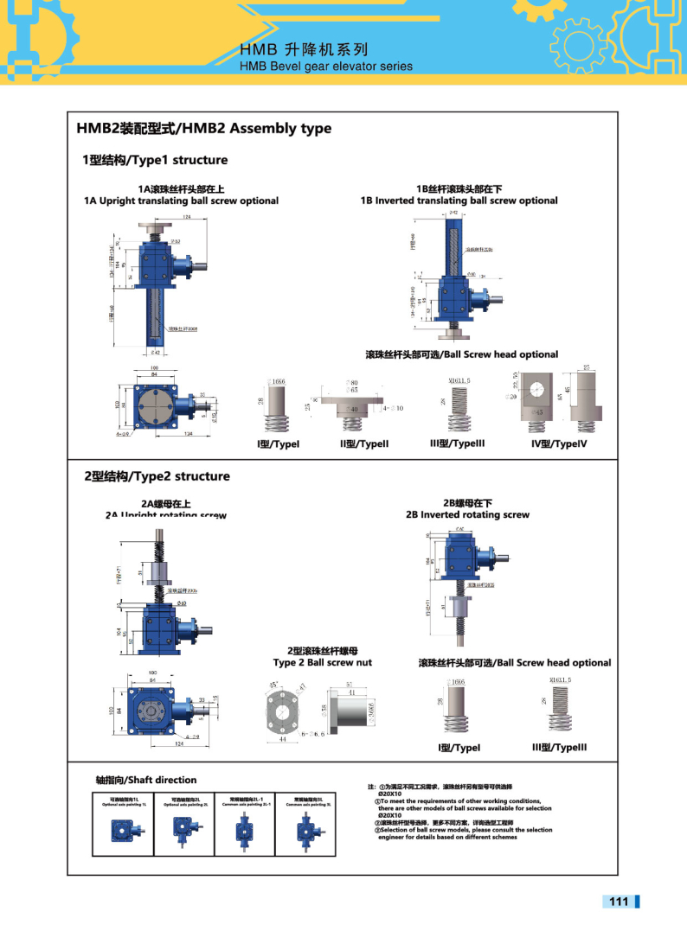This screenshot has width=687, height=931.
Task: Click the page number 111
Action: [x=618, y=902]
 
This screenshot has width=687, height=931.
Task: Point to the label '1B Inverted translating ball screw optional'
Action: [x=459, y=201]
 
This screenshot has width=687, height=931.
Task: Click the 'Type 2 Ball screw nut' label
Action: [x=323, y=662]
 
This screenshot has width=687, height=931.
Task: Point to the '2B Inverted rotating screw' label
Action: [x=467, y=514]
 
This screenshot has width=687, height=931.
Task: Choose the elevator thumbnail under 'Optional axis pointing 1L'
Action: [x=122, y=830]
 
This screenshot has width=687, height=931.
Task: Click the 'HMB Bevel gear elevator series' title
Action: [x=326, y=67]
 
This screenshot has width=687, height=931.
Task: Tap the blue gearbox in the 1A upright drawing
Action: [x=156, y=264]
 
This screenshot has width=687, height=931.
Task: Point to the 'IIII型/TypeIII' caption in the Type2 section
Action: [x=559, y=747]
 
